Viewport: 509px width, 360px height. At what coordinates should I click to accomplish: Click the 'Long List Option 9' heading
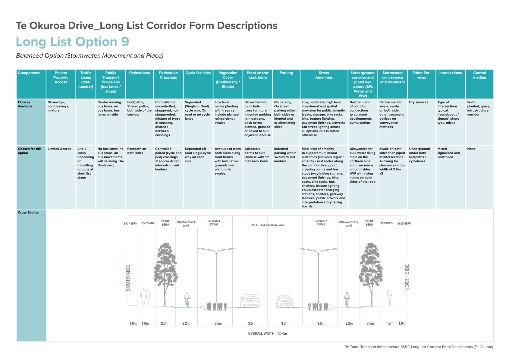[73, 42]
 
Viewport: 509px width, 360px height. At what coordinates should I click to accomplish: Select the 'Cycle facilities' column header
[198, 73]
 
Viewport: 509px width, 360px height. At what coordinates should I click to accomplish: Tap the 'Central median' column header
[479, 75]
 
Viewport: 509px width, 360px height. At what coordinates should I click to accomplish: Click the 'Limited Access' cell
[59, 149]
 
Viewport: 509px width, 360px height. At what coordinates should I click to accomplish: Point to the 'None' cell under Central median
[471, 149]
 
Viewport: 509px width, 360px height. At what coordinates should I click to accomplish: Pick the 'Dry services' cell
[418, 102]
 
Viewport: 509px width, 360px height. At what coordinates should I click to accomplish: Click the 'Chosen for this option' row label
[30, 151]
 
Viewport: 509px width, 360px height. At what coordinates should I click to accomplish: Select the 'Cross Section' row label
[28, 213]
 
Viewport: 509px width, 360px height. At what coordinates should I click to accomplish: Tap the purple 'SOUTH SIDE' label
[128, 278]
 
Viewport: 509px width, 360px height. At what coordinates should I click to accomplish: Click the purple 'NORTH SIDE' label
[407, 277]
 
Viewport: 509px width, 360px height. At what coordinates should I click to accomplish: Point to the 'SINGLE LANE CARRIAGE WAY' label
[267, 225]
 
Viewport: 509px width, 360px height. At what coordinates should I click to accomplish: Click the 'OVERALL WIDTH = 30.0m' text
[267, 334]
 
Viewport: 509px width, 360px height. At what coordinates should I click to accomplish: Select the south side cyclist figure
[187, 299]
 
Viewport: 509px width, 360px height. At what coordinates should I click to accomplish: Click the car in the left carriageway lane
[250, 301]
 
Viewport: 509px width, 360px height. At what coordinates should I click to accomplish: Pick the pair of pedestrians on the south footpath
[145, 297]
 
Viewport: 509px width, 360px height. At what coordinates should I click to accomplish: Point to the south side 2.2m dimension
[186, 324]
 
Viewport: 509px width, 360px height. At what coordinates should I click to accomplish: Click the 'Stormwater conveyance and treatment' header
[392, 77]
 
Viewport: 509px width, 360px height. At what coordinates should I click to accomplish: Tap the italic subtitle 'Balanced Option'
[40, 56]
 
